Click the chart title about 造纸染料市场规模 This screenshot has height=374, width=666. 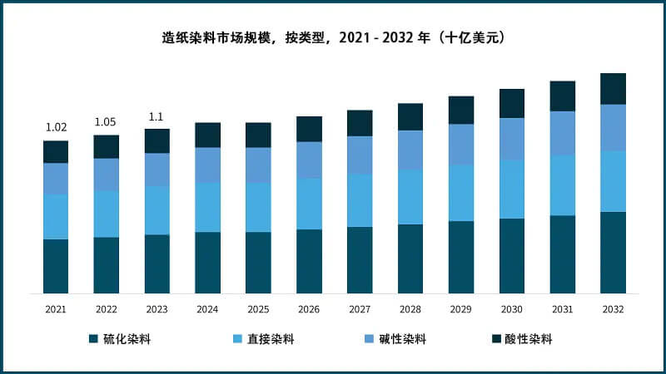coord(333,38)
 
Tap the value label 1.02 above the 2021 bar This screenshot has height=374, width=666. coord(56,127)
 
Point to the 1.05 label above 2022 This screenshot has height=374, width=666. coord(106,122)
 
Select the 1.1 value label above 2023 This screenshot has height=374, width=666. coord(157,116)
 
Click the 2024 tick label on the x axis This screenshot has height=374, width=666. coord(207,309)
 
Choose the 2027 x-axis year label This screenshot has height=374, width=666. coord(360,309)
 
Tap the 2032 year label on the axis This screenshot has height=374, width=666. coord(613,309)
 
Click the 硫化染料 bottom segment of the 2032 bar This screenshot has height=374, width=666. coord(613,253)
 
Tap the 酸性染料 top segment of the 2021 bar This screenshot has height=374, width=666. coord(56,152)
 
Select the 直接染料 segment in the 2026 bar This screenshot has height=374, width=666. coord(309,204)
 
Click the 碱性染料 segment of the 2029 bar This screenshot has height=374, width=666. coord(461,145)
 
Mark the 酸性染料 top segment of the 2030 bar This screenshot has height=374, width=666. coord(512,104)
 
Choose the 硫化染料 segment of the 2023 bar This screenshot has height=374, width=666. coord(157,263)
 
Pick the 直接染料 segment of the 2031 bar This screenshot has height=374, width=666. coord(563,185)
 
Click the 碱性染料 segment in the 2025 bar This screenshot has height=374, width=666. coord(258,165)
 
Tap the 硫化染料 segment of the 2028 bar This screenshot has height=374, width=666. coord(410,258)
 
